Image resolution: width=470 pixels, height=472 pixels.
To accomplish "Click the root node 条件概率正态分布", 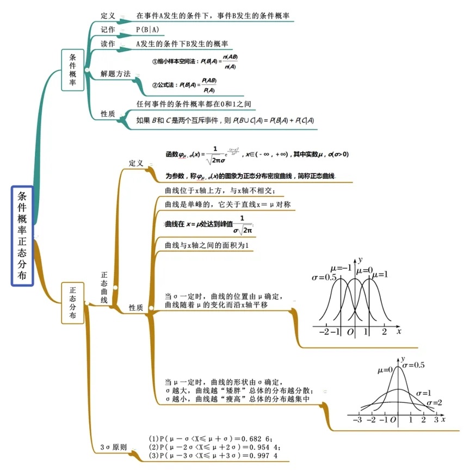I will click(22, 236).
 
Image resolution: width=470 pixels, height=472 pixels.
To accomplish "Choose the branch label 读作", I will click(108, 44).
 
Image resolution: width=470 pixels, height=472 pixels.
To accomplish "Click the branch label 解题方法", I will click(115, 73).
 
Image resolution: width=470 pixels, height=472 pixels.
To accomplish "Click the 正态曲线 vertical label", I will click(104, 288).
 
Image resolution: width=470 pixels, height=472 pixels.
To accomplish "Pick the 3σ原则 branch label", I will click(113, 448).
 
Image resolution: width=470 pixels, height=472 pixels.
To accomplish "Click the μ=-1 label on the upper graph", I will click(341, 269).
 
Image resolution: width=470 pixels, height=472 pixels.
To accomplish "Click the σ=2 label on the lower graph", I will click(434, 402).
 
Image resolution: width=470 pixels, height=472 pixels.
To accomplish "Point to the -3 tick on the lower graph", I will click(357, 420).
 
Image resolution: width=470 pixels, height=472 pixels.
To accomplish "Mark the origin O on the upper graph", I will click(350, 331).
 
